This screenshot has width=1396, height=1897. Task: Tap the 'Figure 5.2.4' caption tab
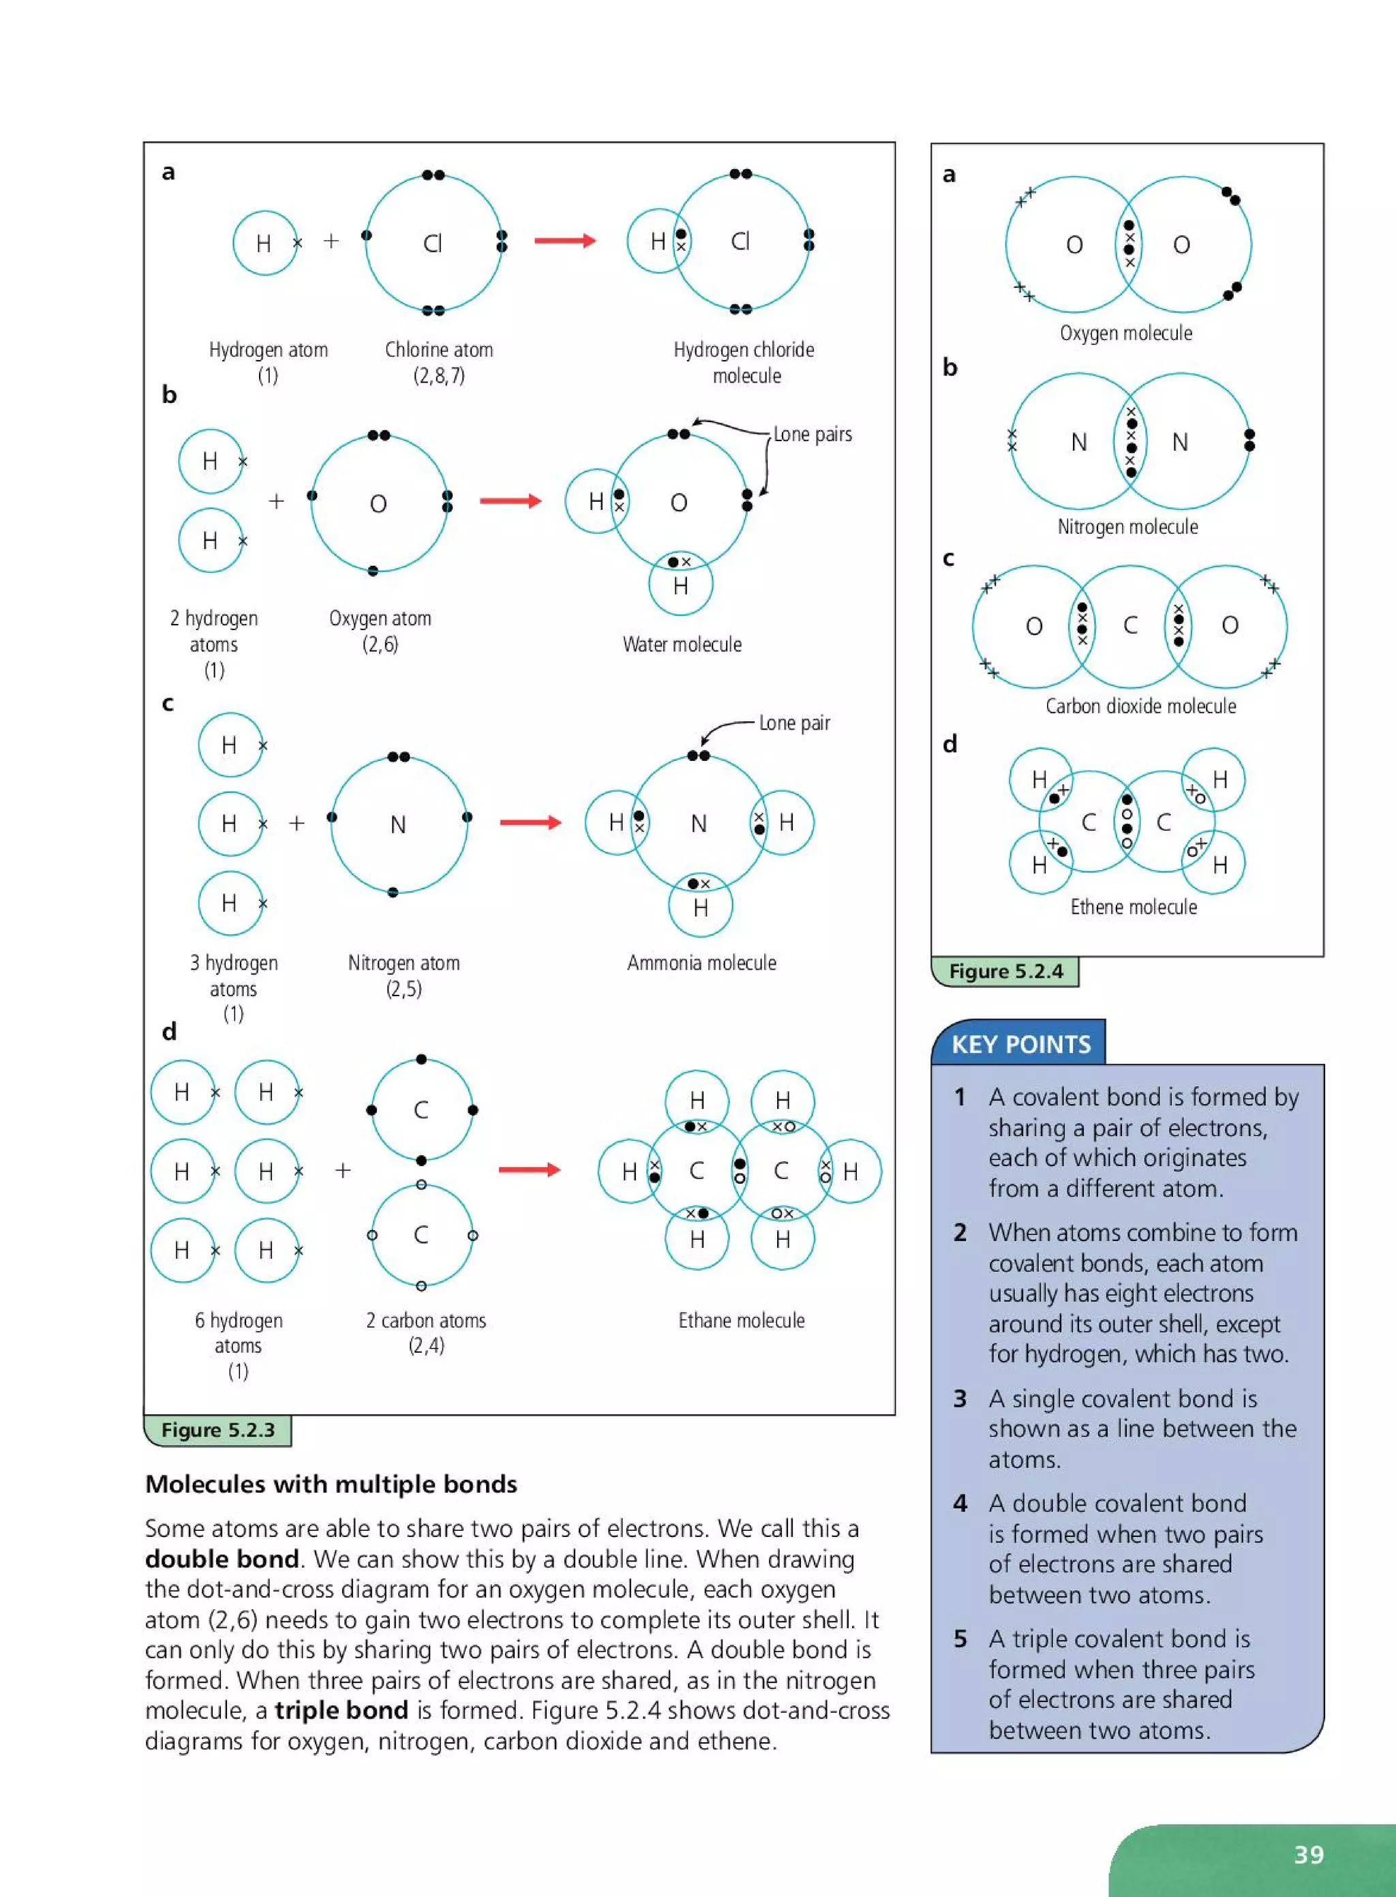[x=1005, y=971]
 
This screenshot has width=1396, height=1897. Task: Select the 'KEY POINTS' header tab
[x=1021, y=1044]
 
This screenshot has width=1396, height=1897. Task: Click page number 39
[x=1309, y=1855]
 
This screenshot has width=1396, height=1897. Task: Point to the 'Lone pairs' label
[x=812, y=434]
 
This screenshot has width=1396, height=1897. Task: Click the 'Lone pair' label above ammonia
[x=794, y=723]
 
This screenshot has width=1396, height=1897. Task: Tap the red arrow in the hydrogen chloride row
[x=564, y=241]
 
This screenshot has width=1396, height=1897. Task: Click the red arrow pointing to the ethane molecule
[x=529, y=1170]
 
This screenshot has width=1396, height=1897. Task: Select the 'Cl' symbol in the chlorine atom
[x=433, y=244]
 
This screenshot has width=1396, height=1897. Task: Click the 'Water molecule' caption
[x=682, y=644]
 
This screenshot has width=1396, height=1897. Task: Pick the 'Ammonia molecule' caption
[x=701, y=963]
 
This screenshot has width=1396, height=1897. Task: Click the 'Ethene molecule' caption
[x=1133, y=907]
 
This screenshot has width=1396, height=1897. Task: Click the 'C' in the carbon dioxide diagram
[x=1129, y=625]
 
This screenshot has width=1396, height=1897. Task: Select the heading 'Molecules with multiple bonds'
[x=331, y=1484]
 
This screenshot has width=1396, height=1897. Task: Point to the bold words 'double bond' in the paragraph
[x=222, y=1559]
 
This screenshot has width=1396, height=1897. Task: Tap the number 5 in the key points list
[x=960, y=1639]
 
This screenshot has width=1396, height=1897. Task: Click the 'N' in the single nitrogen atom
[x=398, y=824]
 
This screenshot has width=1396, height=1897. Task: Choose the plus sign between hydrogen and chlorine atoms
[x=331, y=241]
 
